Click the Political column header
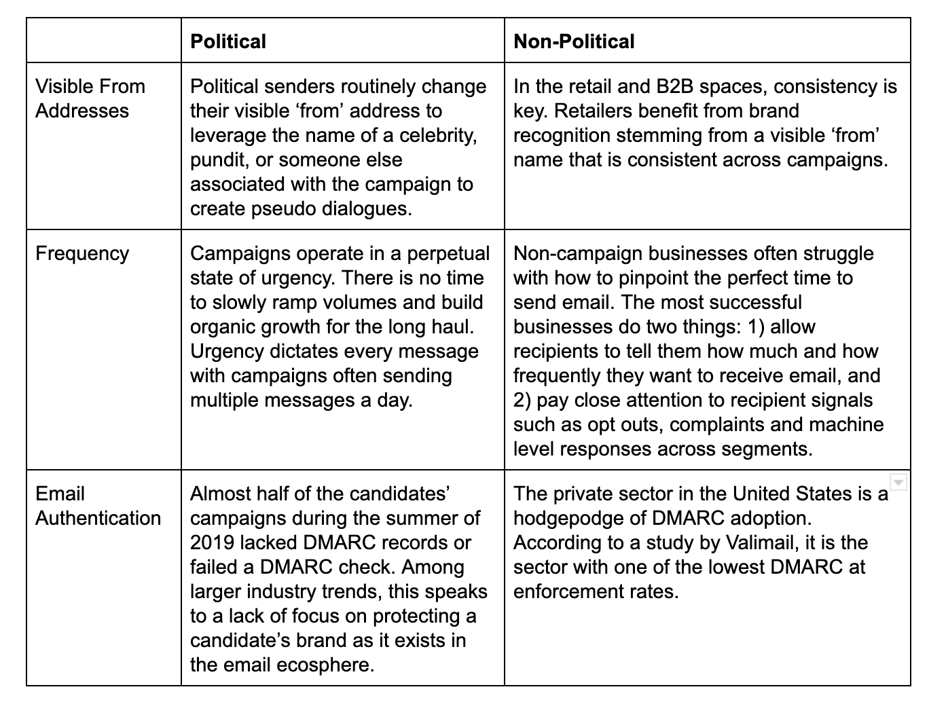coord(228,41)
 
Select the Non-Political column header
coord(574,41)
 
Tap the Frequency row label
coord(82,253)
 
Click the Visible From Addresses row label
coord(90,98)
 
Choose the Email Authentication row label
coord(98,506)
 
